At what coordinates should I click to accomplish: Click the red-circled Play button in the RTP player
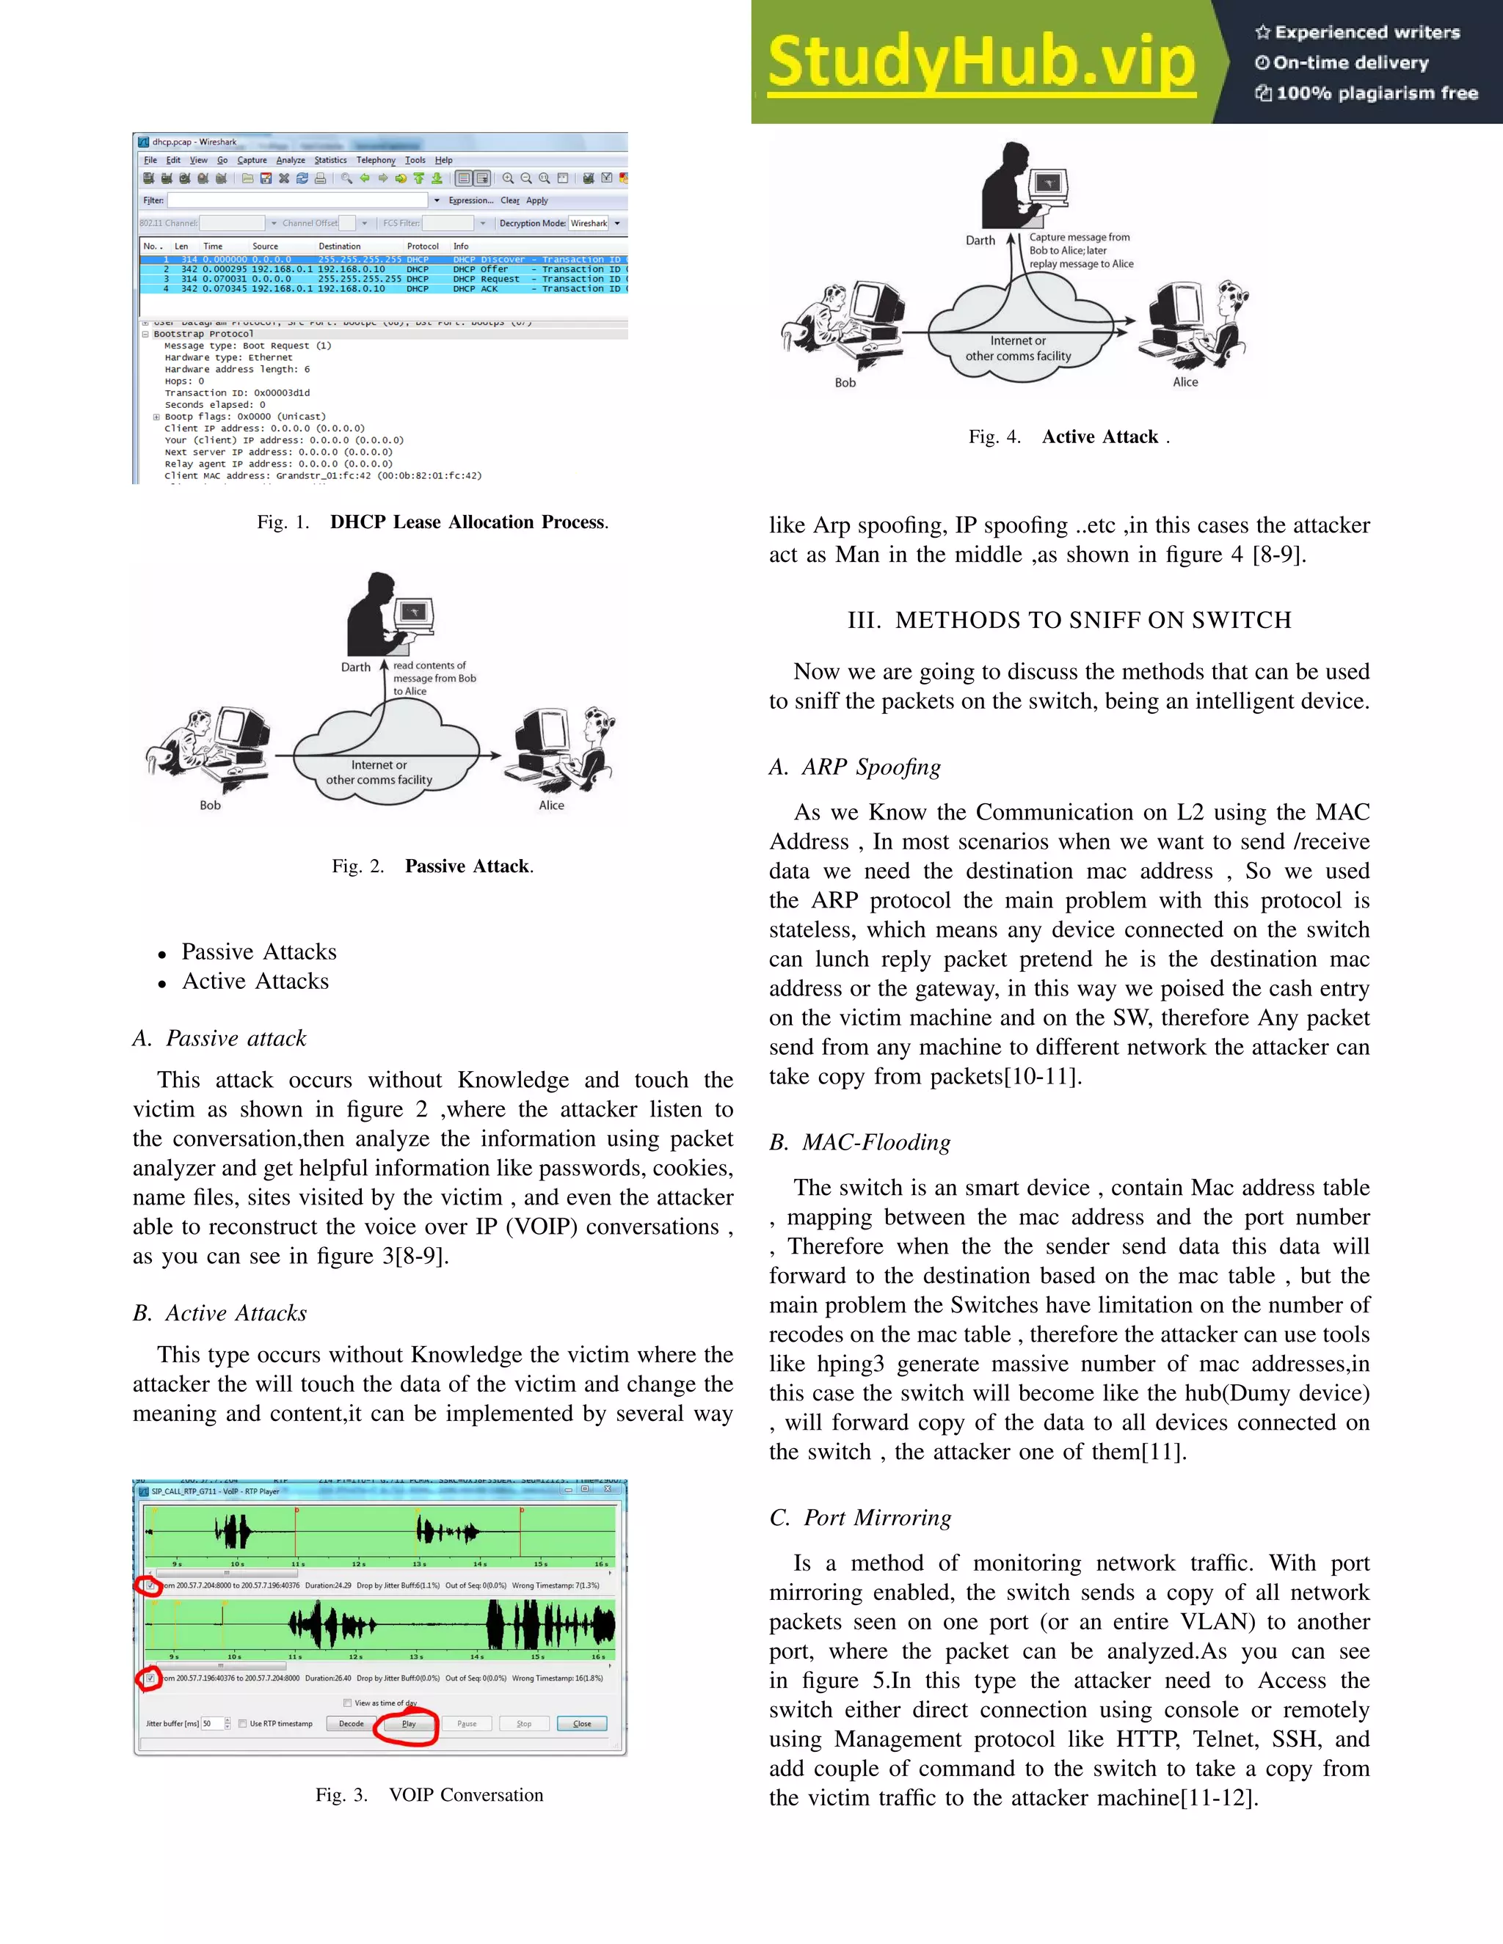pos(408,1723)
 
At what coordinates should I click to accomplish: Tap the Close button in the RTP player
pos(581,1723)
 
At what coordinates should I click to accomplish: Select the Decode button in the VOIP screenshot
pos(351,1723)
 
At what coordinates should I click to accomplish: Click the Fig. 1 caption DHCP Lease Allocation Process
pos(468,522)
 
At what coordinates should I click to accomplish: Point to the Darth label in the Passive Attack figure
pos(355,667)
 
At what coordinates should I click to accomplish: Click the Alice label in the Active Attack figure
pos(1184,382)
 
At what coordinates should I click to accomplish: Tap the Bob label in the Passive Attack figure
pos(210,805)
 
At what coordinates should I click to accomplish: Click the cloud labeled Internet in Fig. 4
pos(1018,347)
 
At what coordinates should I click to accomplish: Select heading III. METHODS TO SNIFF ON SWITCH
pos(1069,620)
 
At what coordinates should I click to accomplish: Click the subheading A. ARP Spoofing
pos(855,767)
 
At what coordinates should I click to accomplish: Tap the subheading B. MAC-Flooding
pos(860,1142)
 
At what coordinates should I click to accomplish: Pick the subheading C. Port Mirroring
pos(860,1517)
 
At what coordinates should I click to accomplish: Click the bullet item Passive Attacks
pos(258,951)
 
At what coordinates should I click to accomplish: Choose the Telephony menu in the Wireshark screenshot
pos(376,160)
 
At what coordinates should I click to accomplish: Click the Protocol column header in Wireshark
pos(422,246)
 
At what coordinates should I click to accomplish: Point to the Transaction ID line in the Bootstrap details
pos(237,392)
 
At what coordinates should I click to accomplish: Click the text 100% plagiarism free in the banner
pos(1376,92)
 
